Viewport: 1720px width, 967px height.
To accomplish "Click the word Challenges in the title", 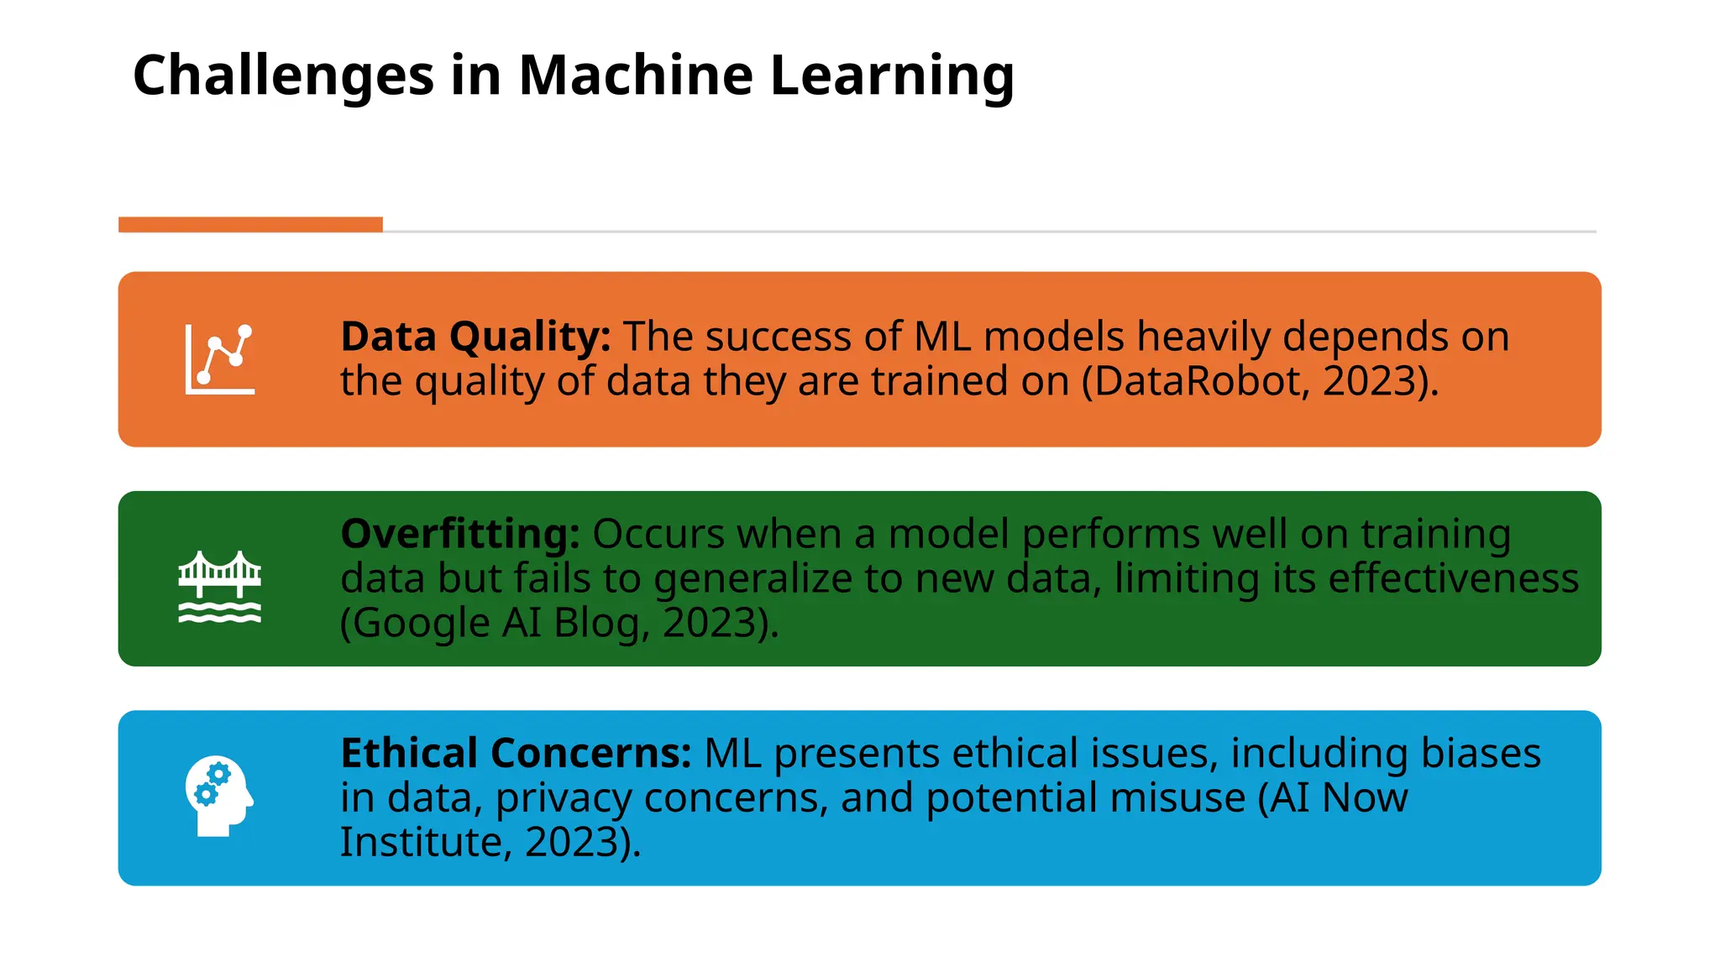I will click(283, 76).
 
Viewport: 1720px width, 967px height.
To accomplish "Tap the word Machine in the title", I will click(636, 76).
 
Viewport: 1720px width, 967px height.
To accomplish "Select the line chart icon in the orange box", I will click(219, 359).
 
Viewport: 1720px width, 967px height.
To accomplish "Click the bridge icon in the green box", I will click(219, 587).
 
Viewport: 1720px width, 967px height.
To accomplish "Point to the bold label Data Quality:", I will click(475, 337).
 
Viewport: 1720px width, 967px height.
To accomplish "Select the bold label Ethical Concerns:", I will click(516, 753).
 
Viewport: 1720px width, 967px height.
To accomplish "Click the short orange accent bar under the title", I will click(250, 224).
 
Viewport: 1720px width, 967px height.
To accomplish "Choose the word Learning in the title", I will click(892, 76).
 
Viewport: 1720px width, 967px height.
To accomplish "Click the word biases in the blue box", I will click(1480, 753).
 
